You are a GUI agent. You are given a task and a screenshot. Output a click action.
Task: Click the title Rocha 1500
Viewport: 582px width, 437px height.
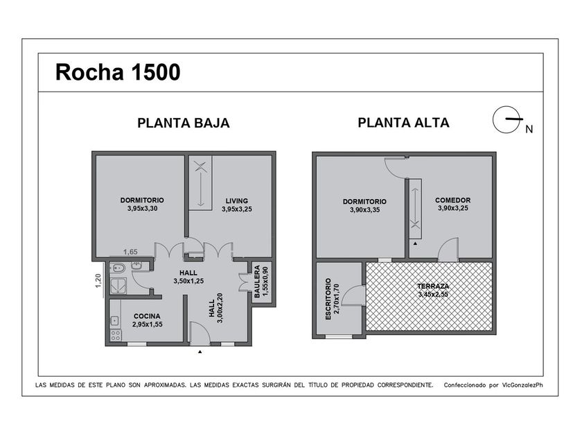click(x=118, y=72)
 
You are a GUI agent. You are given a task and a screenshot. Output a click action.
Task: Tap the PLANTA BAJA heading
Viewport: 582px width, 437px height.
click(x=184, y=123)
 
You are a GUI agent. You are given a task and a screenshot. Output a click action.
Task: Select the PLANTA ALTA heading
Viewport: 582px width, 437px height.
click(x=403, y=123)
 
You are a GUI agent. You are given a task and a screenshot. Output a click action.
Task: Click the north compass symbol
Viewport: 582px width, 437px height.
click(x=506, y=119)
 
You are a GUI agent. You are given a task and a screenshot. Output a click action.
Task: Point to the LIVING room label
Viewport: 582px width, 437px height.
click(x=237, y=201)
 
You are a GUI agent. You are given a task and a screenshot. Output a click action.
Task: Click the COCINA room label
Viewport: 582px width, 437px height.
click(x=147, y=316)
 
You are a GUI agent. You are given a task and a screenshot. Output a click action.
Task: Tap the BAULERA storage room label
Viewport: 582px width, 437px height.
click(x=257, y=282)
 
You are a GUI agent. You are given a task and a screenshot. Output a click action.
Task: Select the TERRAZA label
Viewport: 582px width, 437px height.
click(x=433, y=286)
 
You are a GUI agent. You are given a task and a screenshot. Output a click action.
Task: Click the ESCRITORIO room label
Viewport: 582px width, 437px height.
click(x=328, y=299)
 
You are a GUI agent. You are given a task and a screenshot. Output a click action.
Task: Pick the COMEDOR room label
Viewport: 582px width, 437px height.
click(x=453, y=200)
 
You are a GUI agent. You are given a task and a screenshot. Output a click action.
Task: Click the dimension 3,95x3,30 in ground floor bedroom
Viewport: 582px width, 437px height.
click(x=142, y=209)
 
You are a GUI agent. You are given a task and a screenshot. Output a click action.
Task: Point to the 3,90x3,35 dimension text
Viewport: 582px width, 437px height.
click(x=364, y=210)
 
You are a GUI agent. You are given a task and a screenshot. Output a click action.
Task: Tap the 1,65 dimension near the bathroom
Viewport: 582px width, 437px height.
click(x=130, y=252)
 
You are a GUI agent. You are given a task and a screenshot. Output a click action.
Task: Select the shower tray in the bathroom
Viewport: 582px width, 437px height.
click(x=118, y=286)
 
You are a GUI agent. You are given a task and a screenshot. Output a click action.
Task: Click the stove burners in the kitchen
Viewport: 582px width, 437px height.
click(x=116, y=336)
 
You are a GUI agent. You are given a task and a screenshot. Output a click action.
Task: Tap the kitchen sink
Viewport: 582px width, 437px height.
click(x=115, y=320)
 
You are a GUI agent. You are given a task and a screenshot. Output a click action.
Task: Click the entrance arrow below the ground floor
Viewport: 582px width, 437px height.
click(x=200, y=352)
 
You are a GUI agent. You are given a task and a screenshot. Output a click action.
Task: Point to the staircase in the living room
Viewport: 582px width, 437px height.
click(x=200, y=183)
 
